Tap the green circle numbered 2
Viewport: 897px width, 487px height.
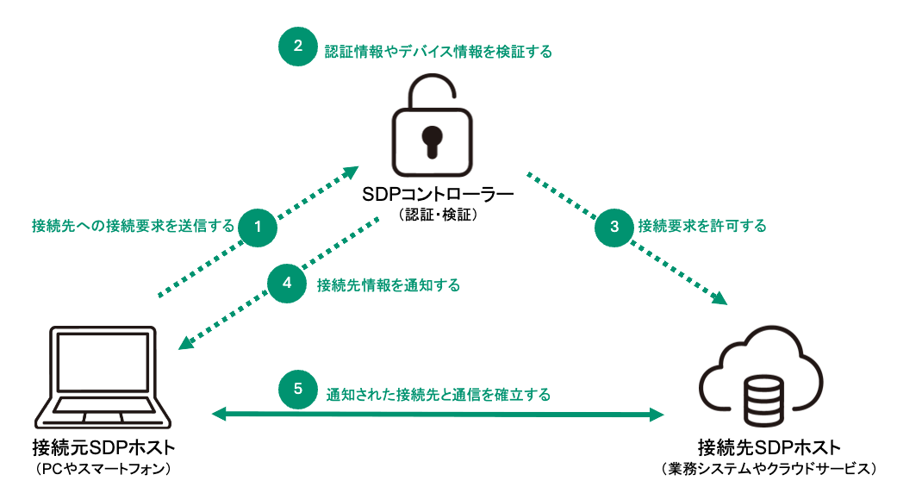pos(297,47)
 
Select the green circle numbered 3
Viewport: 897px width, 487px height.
pos(614,227)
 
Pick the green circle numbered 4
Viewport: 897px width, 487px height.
pos(287,284)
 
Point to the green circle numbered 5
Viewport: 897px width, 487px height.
pos(297,389)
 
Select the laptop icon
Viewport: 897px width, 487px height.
pos(103,379)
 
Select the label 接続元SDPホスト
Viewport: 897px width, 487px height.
pos(103,448)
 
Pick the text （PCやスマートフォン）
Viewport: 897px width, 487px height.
pos(103,469)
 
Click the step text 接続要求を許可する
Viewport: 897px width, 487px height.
pos(702,227)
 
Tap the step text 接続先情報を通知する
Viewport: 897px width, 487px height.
pos(388,284)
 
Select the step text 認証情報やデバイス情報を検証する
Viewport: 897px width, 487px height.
pos(438,51)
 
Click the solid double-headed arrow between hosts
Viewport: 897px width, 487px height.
pos(438,415)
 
